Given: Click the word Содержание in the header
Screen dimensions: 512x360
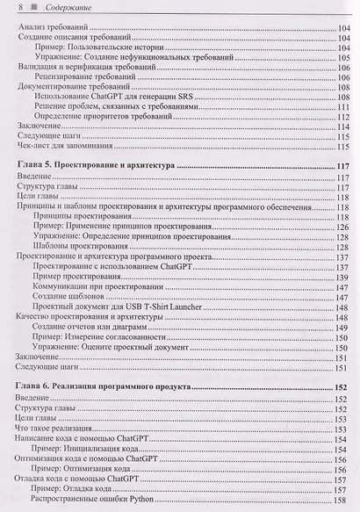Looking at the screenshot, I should coord(54,8).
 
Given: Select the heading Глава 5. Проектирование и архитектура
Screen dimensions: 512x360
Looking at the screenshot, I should coord(96,164).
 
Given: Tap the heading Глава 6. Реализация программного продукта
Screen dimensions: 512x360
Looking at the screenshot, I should coord(104,386).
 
